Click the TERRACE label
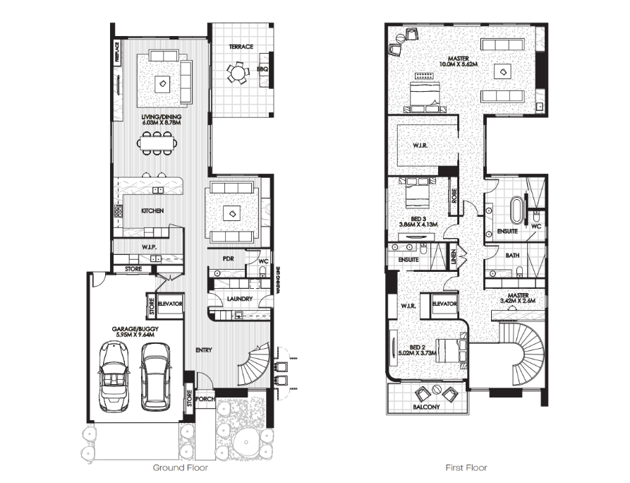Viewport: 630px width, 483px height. point(241,47)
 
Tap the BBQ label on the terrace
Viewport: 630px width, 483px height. point(262,69)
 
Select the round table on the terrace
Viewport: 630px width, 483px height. point(236,73)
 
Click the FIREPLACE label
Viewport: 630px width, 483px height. point(117,52)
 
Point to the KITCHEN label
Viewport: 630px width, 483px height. point(152,210)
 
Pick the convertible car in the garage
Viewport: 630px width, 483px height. point(112,376)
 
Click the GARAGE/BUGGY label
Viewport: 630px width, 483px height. point(133,329)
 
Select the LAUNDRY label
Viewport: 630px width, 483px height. point(239,299)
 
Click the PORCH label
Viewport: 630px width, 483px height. point(205,399)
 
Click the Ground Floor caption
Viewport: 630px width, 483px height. point(181,467)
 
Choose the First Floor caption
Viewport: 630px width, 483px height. point(466,467)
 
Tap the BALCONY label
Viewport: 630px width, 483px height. point(426,407)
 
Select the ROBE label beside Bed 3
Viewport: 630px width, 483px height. point(454,196)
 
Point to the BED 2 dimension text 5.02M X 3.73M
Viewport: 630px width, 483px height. point(417,353)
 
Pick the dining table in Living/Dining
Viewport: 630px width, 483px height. point(157,143)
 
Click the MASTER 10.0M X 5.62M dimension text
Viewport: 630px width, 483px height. point(459,64)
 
